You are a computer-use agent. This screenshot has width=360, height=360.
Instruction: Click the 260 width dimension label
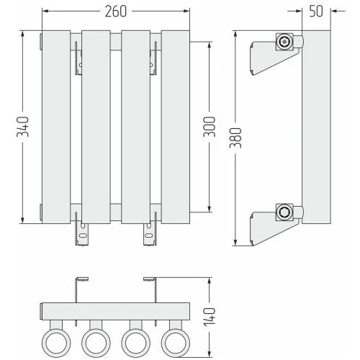point(116,12)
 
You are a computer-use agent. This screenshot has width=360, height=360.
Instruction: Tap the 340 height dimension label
point(22,127)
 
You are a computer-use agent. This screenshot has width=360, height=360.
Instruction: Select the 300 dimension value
point(210,127)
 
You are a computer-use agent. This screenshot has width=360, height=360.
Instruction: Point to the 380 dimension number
point(235,138)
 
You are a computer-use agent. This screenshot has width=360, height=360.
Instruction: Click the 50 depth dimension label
point(316,11)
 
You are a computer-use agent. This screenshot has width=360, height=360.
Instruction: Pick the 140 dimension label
point(210,317)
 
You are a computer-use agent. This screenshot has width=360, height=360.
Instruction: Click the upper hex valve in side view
point(284,42)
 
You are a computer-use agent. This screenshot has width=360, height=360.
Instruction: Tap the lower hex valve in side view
point(284,212)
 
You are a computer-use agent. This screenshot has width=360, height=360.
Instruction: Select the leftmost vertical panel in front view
point(56,127)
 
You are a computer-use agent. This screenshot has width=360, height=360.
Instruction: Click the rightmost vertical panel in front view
point(176,127)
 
